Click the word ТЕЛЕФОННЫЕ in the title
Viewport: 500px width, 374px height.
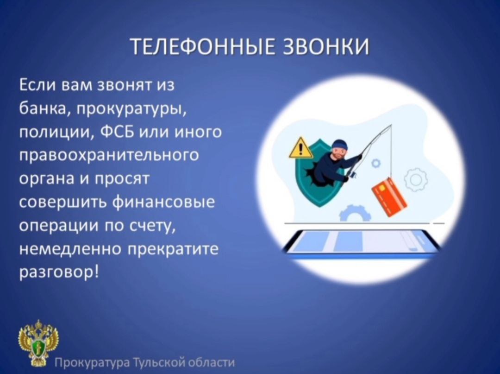203,47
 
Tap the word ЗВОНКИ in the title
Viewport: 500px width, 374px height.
326,47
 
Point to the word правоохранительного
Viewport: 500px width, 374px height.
109,156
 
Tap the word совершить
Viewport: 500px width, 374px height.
62,203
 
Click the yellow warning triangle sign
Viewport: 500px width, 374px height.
300,148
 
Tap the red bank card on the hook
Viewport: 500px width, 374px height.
389,197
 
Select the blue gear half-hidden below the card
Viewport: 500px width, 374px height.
355,213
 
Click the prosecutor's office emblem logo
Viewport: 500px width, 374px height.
38,343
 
